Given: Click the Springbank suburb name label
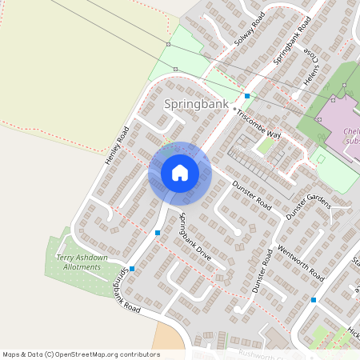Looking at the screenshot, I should pos(196,104).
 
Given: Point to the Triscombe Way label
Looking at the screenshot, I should pos(258,125).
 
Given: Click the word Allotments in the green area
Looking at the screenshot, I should pos(79,266).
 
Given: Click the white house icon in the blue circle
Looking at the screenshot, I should pos(180,173).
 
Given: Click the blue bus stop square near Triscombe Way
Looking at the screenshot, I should pos(247,97).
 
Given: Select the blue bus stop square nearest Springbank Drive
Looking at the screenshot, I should pos(158,233).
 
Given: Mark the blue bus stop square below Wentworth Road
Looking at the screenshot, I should pos(314,300).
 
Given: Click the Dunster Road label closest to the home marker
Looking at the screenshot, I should pos(252,195).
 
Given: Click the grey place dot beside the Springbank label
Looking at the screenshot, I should pos(234,110).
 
